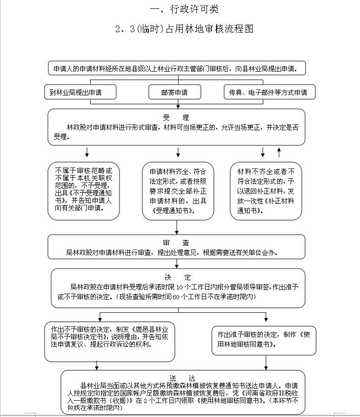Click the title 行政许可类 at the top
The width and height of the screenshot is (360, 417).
185,9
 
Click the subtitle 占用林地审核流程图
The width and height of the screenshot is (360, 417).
184,29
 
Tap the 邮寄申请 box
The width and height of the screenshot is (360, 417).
174,92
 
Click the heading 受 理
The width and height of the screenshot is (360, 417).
176,117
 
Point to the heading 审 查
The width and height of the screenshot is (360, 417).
176,242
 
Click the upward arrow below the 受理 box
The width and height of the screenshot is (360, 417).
279,152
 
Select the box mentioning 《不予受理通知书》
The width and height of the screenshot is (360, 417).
84,190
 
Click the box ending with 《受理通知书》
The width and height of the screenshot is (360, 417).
178,190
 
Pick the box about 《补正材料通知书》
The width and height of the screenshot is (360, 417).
266,190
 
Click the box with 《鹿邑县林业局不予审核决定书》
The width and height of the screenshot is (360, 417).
109,341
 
